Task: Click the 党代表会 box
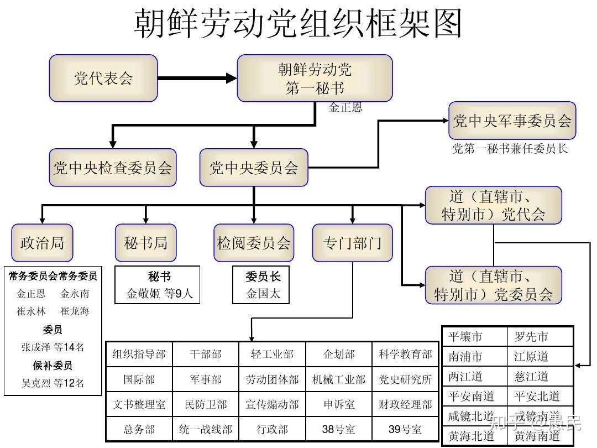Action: pyautogui.click(x=103, y=78)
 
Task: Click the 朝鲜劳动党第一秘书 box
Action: pyautogui.click(x=315, y=78)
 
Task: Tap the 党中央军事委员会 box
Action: pyautogui.click(x=512, y=121)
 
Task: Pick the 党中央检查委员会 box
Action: pyautogui.click(x=112, y=168)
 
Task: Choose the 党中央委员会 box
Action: pyautogui.click(x=254, y=168)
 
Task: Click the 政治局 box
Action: pyautogui.click(x=42, y=243)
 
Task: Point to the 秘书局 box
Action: pyautogui.click(x=145, y=243)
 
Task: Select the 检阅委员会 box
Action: pyautogui.click(x=254, y=243)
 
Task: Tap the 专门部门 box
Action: pyautogui.click(x=352, y=243)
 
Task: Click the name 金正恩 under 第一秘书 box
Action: pyautogui.click(x=345, y=108)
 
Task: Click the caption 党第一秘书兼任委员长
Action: pyautogui.click(x=510, y=148)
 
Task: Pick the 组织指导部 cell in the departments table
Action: pyautogui.click(x=139, y=355)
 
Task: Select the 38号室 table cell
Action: pyautogui.click(x=338, y=429)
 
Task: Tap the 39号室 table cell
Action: pyautogui.click(x=405, y=429)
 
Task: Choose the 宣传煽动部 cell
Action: pyautogui.click(x=272, y=404)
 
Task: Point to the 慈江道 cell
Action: pyautogui.click(x=531, y=377)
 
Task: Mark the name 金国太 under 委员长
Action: pyautogui.click(x=263, y=294)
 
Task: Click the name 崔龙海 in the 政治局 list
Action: pyautogui.click(x=75, y=311)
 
